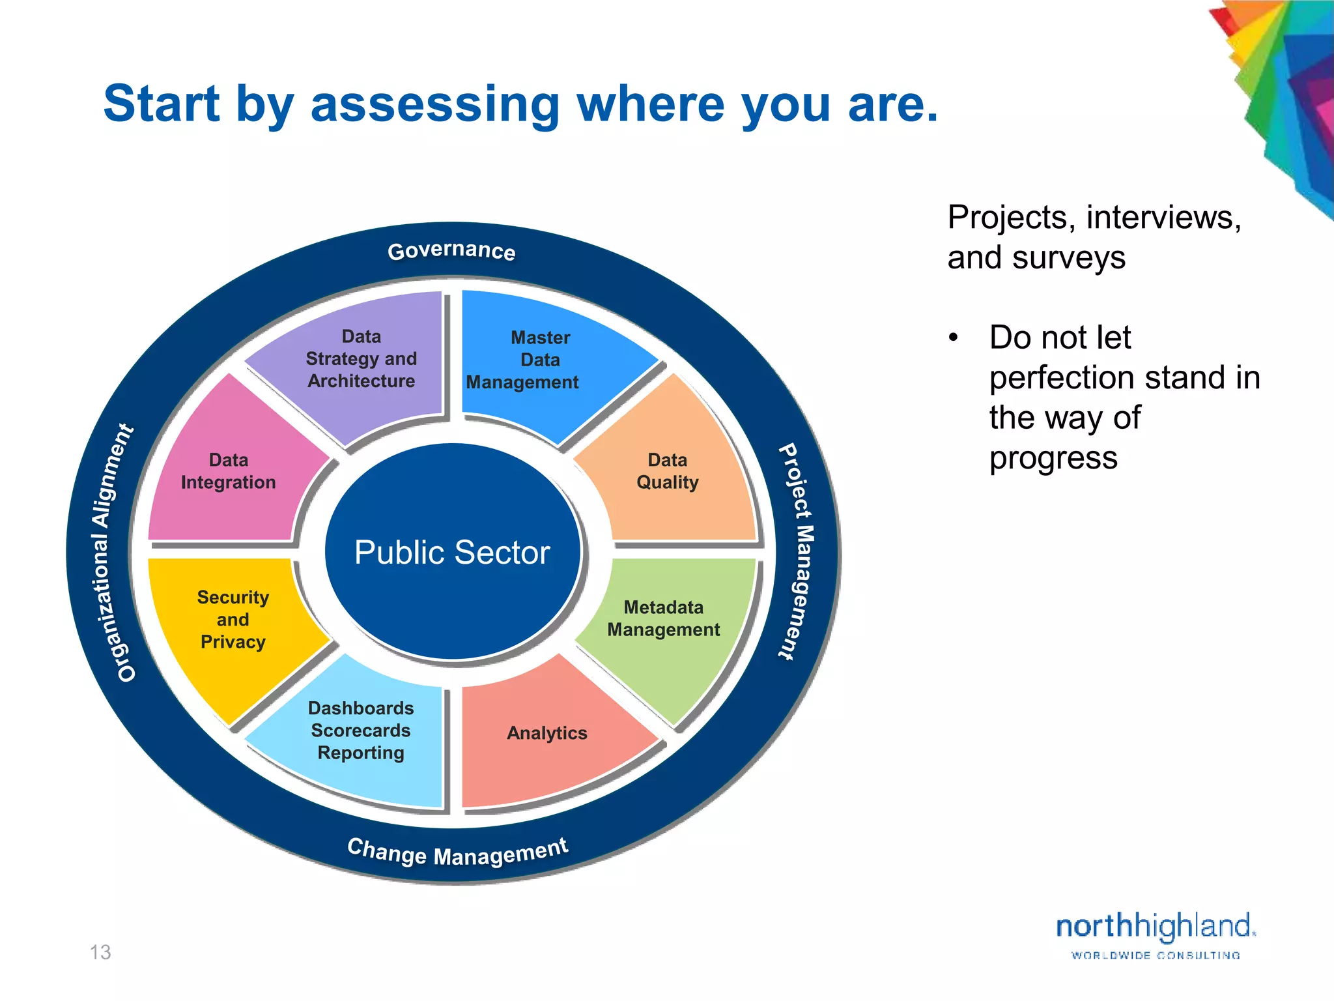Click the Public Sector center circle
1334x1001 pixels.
[452, 552]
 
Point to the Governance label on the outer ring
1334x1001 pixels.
[451, 250]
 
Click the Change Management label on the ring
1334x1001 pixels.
[458, 852]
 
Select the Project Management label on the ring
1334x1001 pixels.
[798, 551]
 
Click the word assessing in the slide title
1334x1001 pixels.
[434, 104]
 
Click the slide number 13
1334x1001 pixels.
[100, 952]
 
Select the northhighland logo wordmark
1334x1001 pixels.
[1155, 926]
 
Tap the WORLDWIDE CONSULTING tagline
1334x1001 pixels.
[1156, 955]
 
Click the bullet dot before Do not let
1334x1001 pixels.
[954, 338]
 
